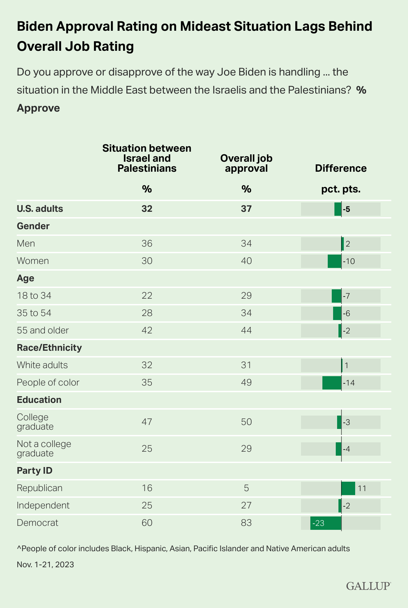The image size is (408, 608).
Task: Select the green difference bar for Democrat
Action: pyautogui.click(x=326, y=523)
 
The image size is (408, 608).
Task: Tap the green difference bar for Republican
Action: pyautogui.click(x=348, y=488)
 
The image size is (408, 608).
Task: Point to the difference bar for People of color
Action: pyautogui.click(x=332, y=383)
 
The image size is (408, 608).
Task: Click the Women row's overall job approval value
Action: pyautogui.click(x=246, y=261)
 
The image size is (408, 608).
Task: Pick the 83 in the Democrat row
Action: pyautogui.click(x=246, y=523)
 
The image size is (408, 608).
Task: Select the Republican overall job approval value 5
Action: pyautogui.click(x=246, y=488)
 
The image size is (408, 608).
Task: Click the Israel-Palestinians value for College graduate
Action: pyautogui.click(x=147, y=422)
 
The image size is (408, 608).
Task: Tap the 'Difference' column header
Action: pyautogui.click(x=341, y=168)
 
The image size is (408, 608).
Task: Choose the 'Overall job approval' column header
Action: pyautogui.click(x=246, y=163)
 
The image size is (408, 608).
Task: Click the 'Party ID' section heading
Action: pyautogui.click(x=34, y=471)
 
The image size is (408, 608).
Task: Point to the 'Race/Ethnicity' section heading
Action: pyautogui.click(x=49, y=348)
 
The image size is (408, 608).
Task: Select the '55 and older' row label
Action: pyautogui.click(x=42, y=330)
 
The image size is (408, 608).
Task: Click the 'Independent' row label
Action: pyautogui.click(x=43, y=505)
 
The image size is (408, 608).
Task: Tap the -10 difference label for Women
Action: pyautogui.click(x=348, y=261)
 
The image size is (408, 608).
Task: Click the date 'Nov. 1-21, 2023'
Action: pyautogui.click(x=45, y=565)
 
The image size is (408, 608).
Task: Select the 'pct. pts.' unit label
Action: pyautogui.click(x=341, y=189)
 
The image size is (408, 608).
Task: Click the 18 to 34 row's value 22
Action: pyautogui.click(x=147, y=296)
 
